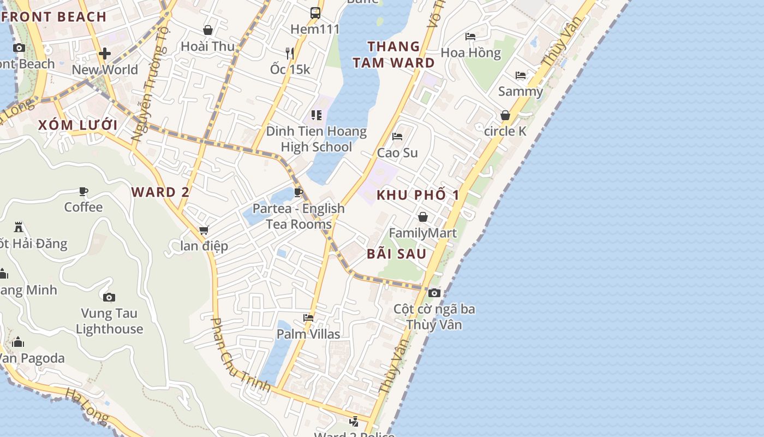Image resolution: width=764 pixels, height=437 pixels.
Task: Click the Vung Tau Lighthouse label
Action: point(109,321)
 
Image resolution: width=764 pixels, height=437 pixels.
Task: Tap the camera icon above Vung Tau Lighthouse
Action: point(109,297)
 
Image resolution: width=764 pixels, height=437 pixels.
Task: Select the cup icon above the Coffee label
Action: point(83,191)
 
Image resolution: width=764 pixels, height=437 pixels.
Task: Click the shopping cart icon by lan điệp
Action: point(204,230)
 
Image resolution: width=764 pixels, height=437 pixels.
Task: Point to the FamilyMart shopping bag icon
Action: point(422,217)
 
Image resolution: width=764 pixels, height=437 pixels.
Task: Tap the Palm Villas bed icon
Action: point(308,318)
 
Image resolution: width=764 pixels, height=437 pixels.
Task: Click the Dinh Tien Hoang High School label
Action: point(316,139)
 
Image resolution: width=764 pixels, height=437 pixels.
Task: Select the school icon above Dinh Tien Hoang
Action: point(316,115)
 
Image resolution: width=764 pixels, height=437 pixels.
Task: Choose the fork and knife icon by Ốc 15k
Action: point(290,53)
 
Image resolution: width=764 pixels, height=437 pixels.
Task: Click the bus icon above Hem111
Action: point(315,13)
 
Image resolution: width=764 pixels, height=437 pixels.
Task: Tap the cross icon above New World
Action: point(105,54)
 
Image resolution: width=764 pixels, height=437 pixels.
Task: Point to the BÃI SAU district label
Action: point(397,253)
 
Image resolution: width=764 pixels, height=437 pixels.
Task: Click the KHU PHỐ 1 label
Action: point(418,195)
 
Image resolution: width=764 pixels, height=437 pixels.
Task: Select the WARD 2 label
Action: point(160,192)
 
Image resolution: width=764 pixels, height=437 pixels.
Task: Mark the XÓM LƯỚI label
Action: point(77,125)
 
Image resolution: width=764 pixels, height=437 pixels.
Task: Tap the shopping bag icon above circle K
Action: point(505,115)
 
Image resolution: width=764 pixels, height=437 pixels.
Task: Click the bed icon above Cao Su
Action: point(397,136)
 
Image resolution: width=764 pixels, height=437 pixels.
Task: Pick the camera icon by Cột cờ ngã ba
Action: point(434,293)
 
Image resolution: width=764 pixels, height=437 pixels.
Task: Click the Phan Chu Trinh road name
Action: point(241,355)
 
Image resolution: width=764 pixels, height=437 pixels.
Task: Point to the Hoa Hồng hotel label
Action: point(470,53)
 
